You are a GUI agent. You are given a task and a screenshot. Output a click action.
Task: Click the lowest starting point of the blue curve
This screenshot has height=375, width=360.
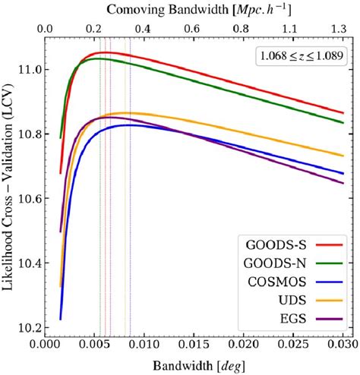[60, 320]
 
